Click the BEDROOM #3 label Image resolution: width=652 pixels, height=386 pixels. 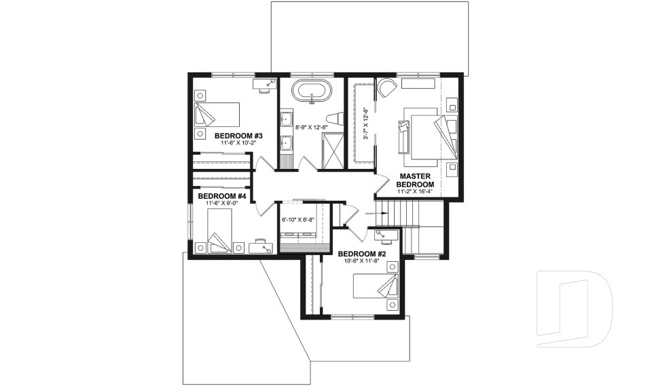[x=238, y=136]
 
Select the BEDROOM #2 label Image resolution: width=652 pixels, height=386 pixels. [x=362, y=254]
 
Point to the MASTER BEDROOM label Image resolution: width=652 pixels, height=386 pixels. [x=415, y=180]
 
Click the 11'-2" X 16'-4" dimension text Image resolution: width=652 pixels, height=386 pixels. [x=415, y=193]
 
